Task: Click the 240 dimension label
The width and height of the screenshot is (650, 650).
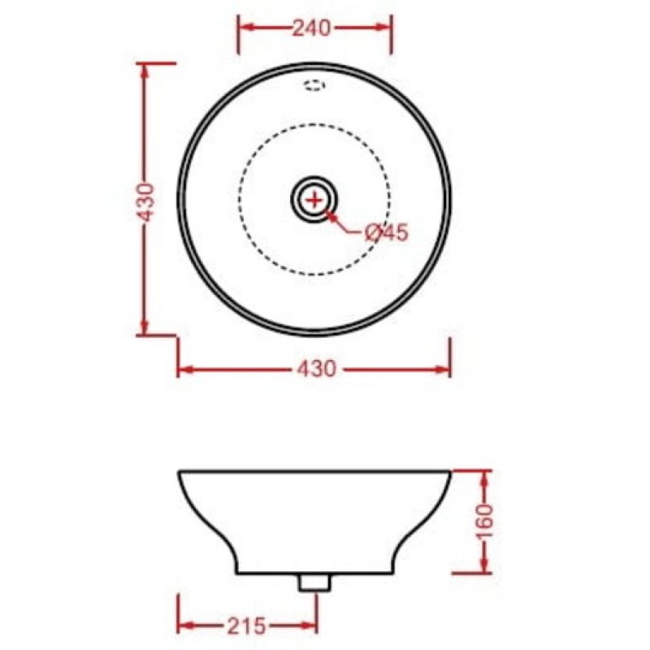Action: click(312, 28)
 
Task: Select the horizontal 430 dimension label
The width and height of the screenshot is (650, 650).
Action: click(316, 369)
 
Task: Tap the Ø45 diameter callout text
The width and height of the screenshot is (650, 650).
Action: click(388, 232)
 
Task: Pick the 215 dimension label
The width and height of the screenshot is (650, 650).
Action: click(246, 626)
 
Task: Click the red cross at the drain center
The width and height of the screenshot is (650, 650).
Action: click(314, 200)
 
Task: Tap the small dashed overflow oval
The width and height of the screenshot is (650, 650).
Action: click(314, 86)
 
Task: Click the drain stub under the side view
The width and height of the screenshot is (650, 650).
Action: click(314, 582)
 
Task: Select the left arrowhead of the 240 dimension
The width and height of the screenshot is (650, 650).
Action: click(248, 28)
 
